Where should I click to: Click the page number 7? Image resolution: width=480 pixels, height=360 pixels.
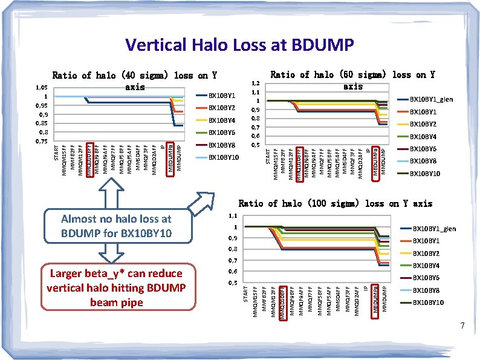coord(462,327)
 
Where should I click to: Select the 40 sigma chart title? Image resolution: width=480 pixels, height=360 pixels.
coord(134,80)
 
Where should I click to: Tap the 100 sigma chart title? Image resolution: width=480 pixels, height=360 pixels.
coord(335,203)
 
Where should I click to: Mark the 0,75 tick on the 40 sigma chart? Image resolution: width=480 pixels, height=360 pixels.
coord(41,140)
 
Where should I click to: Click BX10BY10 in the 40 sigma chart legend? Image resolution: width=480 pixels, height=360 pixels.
coord(224,158)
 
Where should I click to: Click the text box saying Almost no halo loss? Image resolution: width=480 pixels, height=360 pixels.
coord(116,226)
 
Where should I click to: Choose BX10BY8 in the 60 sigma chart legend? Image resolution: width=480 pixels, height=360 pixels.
coord(423,162)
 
